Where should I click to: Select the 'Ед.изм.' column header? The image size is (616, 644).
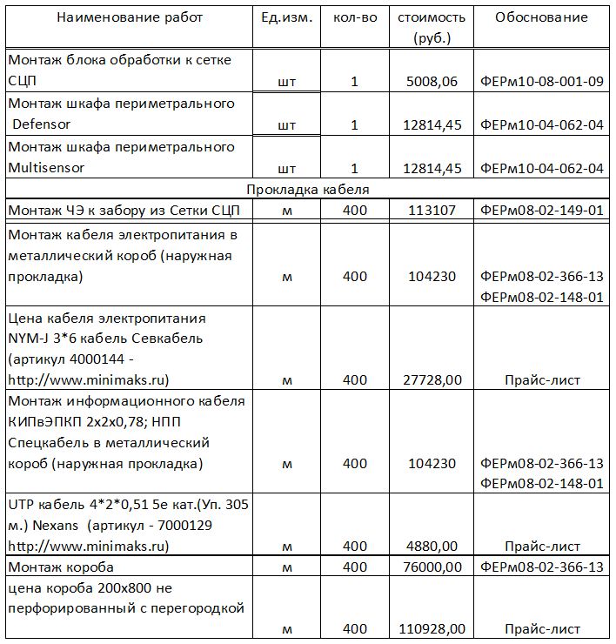click(x=286, y=18)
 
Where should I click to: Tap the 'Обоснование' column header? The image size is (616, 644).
click(x=541, y=18)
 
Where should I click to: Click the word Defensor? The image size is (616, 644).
click(x=43, y=124)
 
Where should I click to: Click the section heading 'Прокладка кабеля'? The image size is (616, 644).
click(x=308, y=189)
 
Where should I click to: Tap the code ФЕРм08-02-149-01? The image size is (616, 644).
click(x=541, y=211)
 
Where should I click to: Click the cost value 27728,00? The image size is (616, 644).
click(x=432, y=380)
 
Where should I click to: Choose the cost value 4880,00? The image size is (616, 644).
click(x=432, y=547)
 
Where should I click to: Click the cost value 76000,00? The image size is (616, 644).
click(x=432, y=567)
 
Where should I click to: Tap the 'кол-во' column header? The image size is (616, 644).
click(x=355, y=18)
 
